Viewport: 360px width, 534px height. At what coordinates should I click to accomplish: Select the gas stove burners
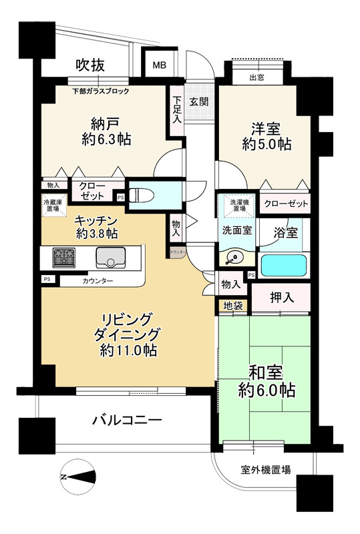[65, 257]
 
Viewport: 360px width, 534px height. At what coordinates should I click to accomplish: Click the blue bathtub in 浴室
[284, 265]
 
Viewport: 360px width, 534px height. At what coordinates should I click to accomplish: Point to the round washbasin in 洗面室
[234, 258]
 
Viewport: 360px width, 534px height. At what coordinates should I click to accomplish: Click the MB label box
[159, 65]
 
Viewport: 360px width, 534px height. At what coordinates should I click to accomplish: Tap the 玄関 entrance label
[198, 102]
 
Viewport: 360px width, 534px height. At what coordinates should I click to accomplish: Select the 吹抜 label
[90, 65]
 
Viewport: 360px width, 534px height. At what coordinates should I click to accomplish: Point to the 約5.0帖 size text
[266, 144]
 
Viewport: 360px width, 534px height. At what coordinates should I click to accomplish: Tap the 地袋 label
[229, 306]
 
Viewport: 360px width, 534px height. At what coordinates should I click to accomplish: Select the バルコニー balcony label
[127, 420]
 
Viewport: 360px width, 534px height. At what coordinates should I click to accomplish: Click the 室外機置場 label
[265, 470]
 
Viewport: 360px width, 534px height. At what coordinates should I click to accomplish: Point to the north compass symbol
[79, 477]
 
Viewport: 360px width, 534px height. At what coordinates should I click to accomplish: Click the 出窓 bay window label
[256, 77]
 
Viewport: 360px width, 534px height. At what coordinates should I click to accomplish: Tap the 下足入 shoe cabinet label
[176, 110]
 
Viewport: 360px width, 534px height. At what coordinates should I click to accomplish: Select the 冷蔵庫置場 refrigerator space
[51, 205]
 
